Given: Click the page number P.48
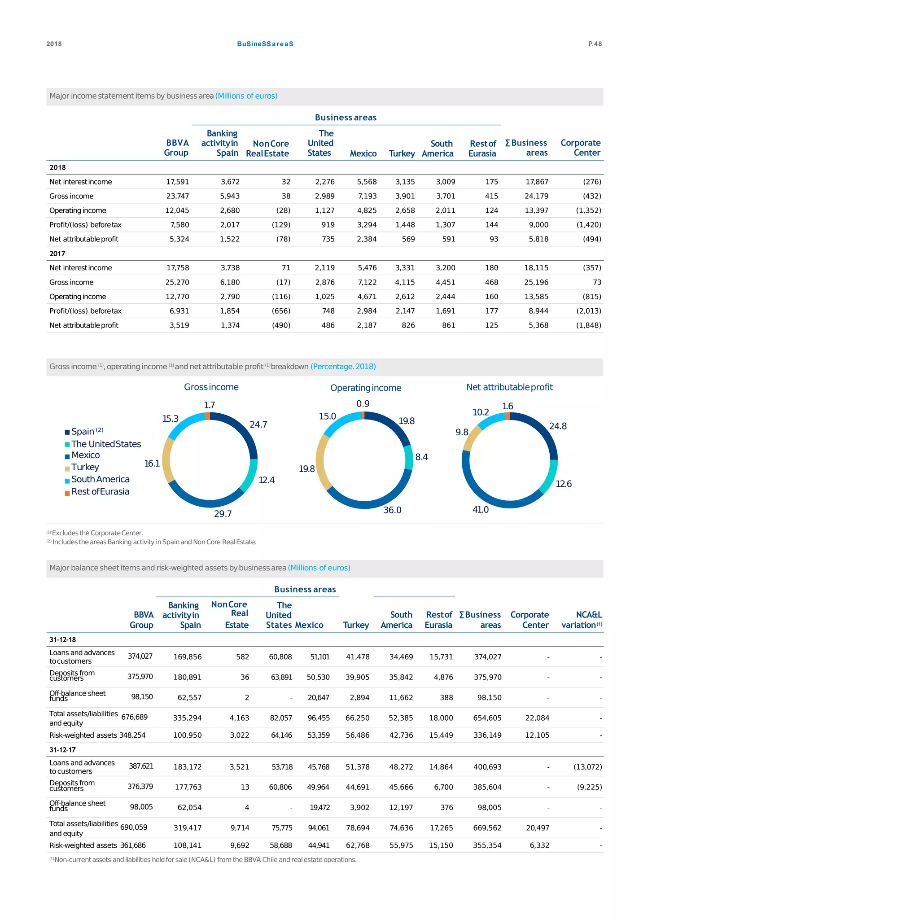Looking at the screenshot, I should [x=595, y=44].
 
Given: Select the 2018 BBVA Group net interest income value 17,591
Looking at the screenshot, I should [x=177, y=182].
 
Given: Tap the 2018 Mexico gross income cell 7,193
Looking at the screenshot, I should [x=367, y=196].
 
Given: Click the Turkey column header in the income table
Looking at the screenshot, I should [x=402, y=153].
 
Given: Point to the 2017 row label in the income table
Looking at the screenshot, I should [x=57, y=254].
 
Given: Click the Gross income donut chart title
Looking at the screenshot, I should [x=211, y=387].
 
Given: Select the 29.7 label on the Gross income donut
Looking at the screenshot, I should [x=223, y=514].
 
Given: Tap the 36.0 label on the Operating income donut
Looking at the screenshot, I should [x=393, y=510].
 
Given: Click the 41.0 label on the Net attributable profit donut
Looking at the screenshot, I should [x=481, y=509].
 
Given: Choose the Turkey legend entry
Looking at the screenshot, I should [x=85, y=467].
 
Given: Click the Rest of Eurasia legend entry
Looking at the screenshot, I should [x=100, y=491].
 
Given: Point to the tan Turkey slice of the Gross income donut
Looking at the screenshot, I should [x=166, y=460].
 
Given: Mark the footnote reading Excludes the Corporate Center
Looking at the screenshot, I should [x=95, y=533].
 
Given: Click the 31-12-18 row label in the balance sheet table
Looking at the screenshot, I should [x=62, y=639].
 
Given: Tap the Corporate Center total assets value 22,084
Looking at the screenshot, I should [x=537, y=718].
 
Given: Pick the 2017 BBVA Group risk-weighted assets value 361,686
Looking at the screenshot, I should [x=133, y=845].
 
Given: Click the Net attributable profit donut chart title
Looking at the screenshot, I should [x=509, y=387].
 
